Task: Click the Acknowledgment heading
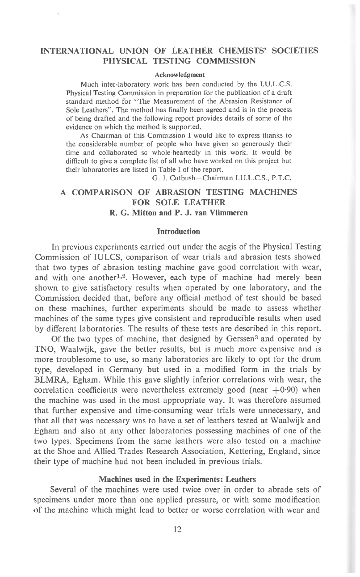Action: click(x=180, y=74)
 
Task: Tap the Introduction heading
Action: click(x=179, y=232)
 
